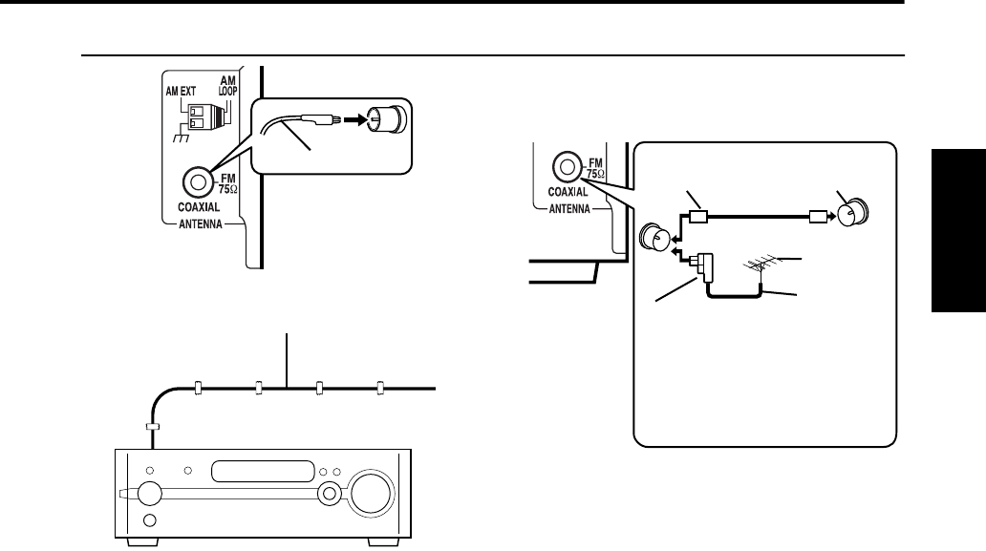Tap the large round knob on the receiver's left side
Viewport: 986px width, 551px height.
[x=151, y=494]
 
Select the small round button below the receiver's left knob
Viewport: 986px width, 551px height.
[x=149, y=521]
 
